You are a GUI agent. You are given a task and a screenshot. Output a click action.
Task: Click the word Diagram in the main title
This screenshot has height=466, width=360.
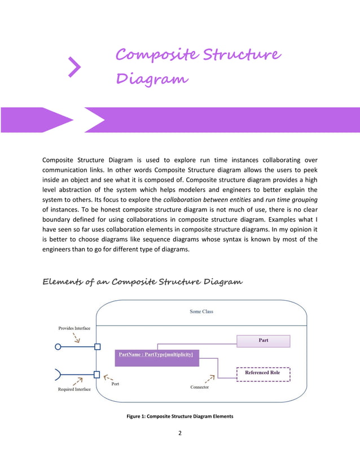pyautogui.click(x=152, y=78)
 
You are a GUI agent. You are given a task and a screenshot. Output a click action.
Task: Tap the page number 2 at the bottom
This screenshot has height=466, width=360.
pyautogui.click(x=179, y=433)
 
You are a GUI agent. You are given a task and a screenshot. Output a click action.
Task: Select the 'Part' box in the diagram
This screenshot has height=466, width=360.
pyautogui.click(x=263, y=341)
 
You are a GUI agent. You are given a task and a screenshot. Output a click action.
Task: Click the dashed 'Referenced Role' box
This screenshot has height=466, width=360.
pyautogui.click(x=262, y=373)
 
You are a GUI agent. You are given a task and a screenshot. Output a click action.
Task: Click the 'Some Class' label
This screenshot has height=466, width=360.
pyautogui.click(x=201, y=311)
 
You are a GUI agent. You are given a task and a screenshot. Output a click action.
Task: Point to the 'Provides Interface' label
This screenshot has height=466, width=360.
pyautogui.click(x=74, y=328)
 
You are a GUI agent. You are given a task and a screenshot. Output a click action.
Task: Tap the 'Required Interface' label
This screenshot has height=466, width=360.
pyautogui.click(x=74, y=390)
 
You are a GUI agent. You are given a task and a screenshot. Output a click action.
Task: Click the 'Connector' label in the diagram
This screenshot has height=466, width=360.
pyautogui.click(x=200, y=388)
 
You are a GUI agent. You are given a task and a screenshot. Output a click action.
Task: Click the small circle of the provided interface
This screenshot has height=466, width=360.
pyautogui.click(x=58, y=347)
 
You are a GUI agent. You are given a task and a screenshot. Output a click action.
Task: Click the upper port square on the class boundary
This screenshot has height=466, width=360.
pyautogui.click(x=98, y=347)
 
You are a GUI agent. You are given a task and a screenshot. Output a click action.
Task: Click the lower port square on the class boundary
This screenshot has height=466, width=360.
pyautogui.click(x=97, y=374)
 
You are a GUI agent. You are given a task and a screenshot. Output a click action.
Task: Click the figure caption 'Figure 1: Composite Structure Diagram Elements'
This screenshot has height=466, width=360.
pyautogui.click(x=180, y=416)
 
